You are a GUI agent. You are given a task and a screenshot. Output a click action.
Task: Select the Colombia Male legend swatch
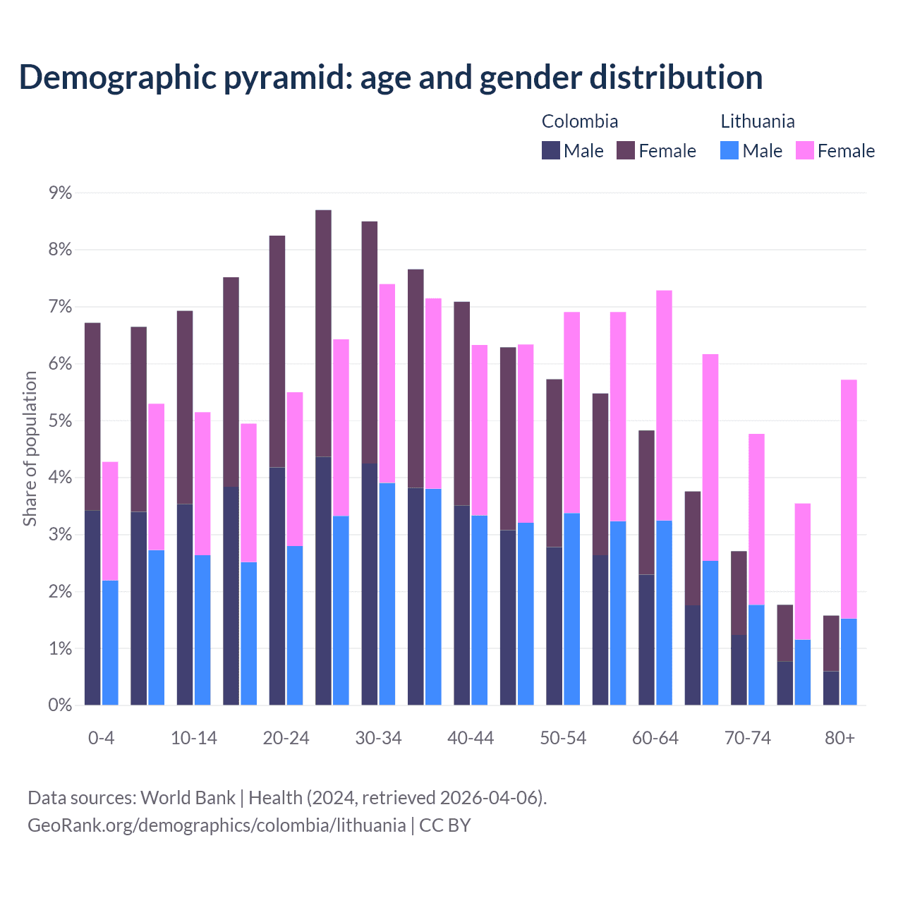(551, 150)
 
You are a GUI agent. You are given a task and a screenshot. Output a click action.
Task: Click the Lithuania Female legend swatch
(805, 150)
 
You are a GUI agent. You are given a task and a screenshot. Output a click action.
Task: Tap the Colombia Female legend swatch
(626, 150)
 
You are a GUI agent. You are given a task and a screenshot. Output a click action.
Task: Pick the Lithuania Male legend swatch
(729, 150)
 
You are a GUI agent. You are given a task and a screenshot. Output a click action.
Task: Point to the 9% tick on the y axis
(61, 193)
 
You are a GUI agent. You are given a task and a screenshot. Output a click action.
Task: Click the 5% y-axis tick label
(61, 421)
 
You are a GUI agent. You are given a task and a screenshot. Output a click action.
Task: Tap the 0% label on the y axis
(61, 705)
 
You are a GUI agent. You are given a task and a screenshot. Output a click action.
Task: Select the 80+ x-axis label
(840, 738)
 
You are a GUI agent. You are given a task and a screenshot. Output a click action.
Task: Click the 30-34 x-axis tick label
(378, 738)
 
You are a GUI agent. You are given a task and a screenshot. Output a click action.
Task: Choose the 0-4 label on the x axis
(101, 738)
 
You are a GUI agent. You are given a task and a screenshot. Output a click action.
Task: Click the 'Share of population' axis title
(30, 449)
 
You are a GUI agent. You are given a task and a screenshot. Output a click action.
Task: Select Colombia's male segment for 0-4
(92, 607)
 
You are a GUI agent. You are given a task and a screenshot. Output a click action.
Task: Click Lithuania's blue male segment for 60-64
(664, 612)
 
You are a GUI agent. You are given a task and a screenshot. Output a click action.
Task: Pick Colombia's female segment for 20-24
(277, 351)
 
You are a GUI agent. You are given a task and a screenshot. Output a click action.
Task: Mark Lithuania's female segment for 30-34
(387, 384)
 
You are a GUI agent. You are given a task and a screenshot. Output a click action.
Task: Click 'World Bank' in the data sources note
(188, 798)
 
